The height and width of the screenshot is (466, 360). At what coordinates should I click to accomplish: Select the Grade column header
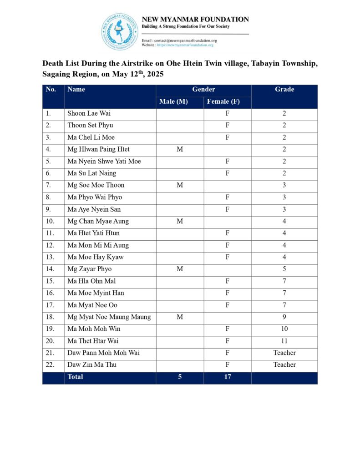pos(284,90)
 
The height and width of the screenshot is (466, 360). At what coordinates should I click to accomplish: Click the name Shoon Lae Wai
pos(89,113)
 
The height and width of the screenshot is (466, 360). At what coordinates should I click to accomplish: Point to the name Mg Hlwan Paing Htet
pos(98,149)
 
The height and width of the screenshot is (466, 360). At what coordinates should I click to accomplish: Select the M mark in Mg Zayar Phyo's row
pos(180,269)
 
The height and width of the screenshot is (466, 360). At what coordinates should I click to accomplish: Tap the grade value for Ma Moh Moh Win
pos(284,329)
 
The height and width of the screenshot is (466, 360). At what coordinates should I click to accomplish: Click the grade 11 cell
pos(284,341)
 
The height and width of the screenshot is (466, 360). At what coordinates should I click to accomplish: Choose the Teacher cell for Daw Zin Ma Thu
pos(284,365)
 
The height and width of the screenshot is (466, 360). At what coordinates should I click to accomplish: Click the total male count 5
pos(180,377)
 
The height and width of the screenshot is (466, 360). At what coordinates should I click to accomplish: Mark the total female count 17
pos(228,377)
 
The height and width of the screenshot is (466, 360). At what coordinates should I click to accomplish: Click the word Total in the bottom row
pos(75,377)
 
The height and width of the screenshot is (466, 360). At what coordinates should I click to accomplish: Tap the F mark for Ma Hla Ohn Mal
pos(228,281)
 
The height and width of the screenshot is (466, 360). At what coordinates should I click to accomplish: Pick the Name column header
pos(76,90)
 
